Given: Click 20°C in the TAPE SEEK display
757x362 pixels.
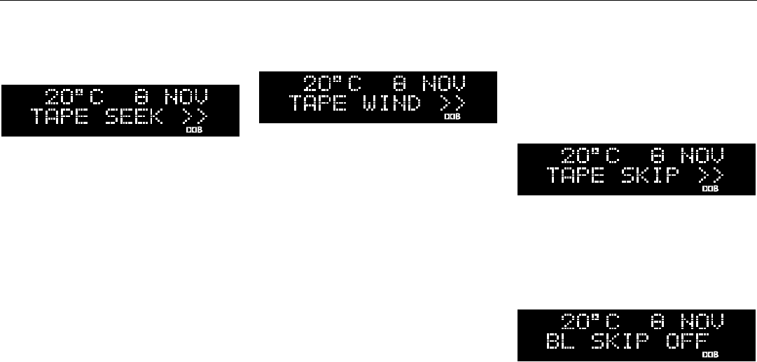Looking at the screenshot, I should (x=74, y=97).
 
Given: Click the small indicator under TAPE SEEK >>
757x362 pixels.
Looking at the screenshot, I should (x=193, y=130).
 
